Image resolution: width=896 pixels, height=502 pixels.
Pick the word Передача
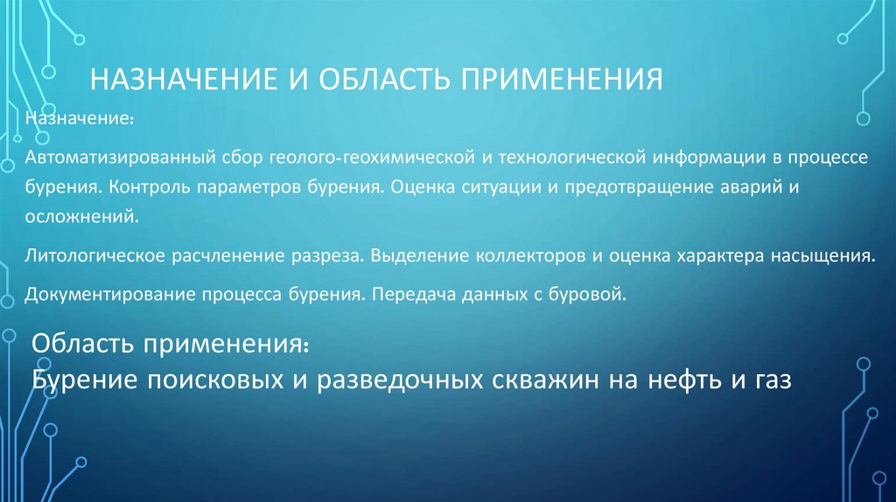coord(406,295)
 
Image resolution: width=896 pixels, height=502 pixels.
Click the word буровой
coord(594,295)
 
